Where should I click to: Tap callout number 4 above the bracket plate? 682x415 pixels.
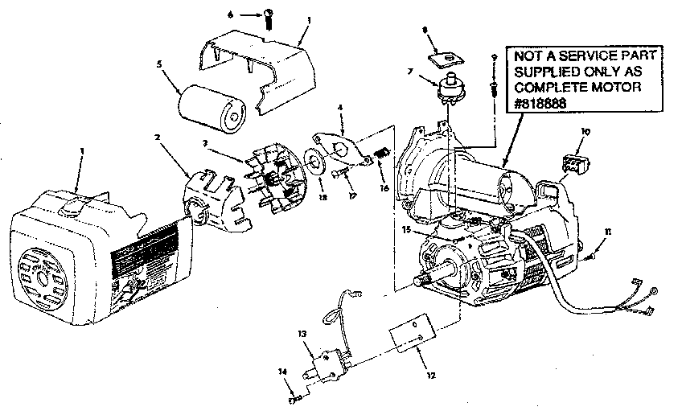pos(341,107)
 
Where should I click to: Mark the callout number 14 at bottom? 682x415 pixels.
pos(282,372)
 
